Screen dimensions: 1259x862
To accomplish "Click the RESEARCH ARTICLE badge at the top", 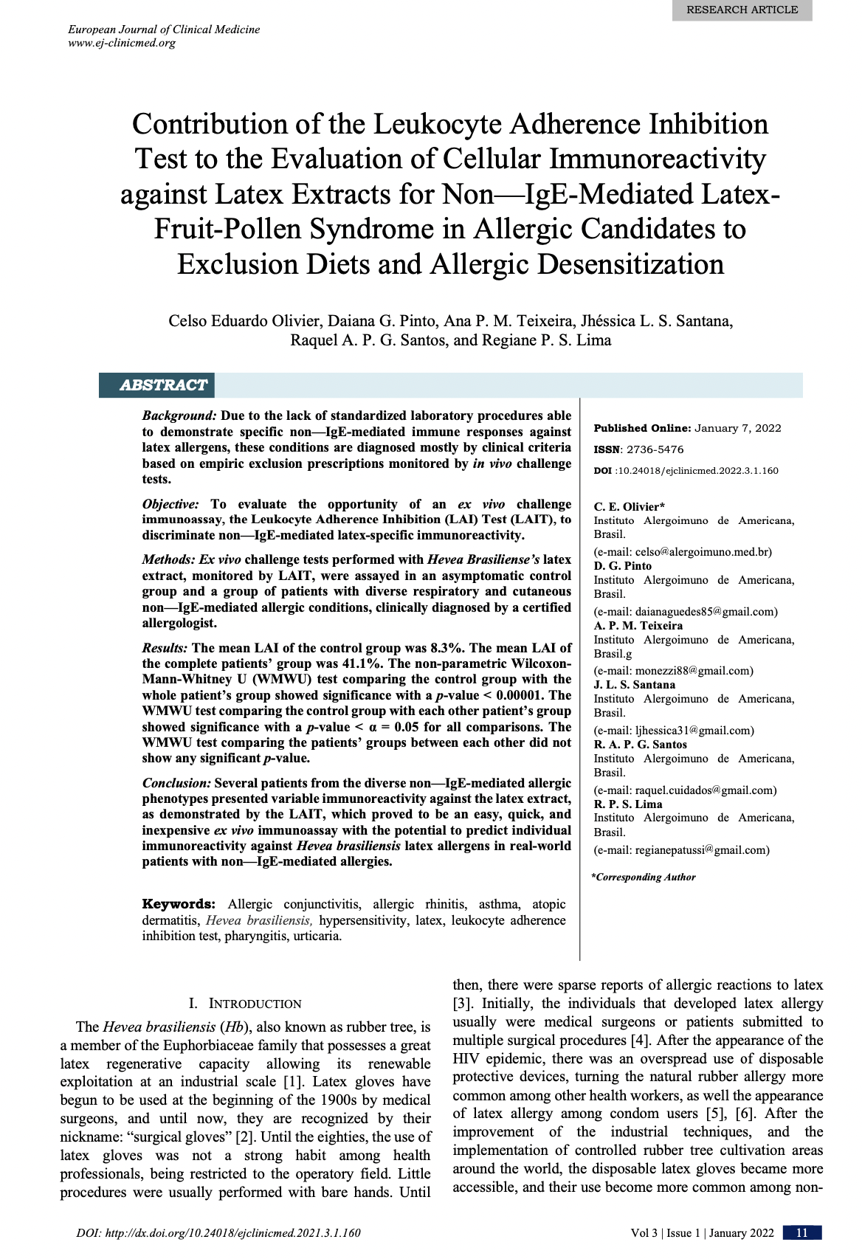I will (742, 10).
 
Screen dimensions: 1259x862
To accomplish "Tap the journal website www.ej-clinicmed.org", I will (122, 43).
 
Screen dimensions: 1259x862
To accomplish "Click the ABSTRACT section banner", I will (163, 385).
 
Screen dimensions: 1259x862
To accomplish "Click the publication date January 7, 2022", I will (737, 428).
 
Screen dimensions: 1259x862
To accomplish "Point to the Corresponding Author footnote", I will (644, 877).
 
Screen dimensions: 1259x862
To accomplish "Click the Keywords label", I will (179, 904).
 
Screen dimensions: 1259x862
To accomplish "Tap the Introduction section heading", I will (245, 1004).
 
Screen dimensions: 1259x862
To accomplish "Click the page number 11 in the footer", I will (801, 1233).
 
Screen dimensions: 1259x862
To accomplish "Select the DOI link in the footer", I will (218, 1233).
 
